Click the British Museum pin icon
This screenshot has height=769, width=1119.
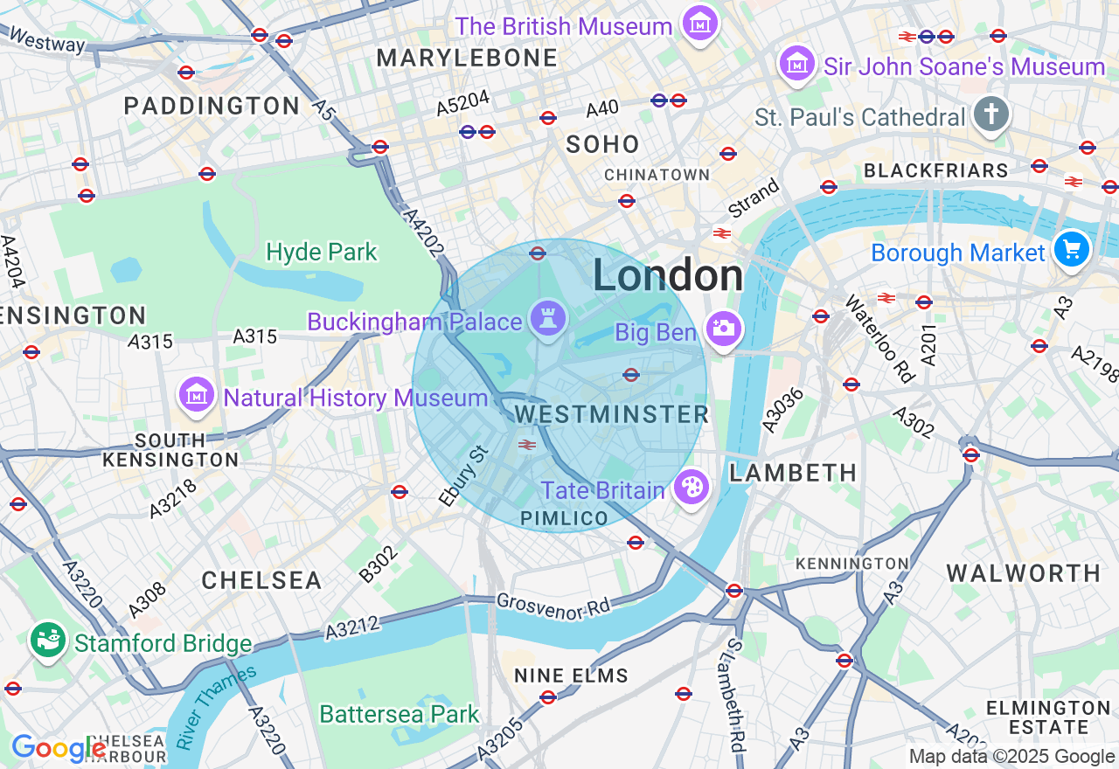tap(700, 24)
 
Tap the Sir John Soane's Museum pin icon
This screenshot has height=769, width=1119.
tap(797, 65)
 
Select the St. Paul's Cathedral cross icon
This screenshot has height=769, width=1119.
tap(991, 115)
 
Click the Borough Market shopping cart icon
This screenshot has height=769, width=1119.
tap(1071, 250)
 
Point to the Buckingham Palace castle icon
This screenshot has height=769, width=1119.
tap(548, 320)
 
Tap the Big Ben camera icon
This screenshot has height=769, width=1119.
tap(724, 329)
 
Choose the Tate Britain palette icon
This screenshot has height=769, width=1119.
tap(691, 488)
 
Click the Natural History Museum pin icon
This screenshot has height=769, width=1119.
tap(197, 396)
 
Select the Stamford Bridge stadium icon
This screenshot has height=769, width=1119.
tap(49, 641)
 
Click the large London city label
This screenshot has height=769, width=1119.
tap(668, 276)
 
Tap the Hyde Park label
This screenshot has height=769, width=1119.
tap(322, 253)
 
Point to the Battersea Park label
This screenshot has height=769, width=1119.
tap(400, 714)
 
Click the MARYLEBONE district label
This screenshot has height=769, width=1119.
tap(466, 59)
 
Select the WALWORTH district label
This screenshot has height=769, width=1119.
tap(1023, 574)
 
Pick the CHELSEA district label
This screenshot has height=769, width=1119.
tap(261, 580)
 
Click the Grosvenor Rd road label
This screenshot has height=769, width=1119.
tap(553, 605)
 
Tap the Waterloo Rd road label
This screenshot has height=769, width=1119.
tap(879, 338)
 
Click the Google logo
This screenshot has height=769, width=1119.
tap(58, 749)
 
